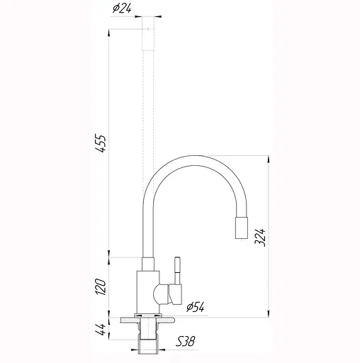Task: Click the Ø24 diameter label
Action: (x=122, y=9)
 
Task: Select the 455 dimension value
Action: (x=100, y=143)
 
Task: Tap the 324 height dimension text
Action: (x=260, y=237)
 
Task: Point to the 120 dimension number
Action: (x=100, y=286)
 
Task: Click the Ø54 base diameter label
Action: (x=195, y=307)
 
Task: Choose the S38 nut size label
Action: (x=185, y=341)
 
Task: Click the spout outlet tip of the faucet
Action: (x=242, y=228)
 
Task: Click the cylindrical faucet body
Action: (x=148, y=292)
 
